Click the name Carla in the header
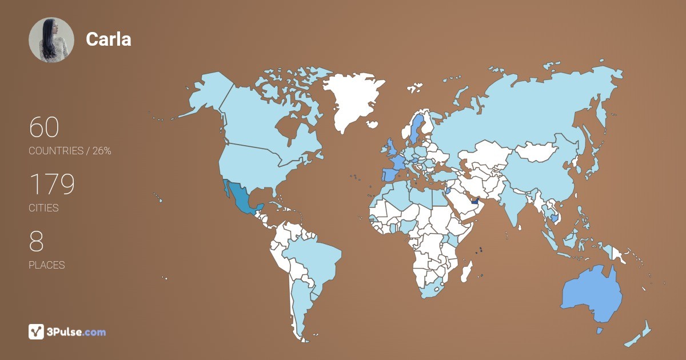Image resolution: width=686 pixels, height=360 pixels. point(109,39)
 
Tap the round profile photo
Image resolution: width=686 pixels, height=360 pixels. point(51,40)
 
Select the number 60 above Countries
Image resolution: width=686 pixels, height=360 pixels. point(44,127)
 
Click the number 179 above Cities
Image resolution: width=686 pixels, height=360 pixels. point(51,185)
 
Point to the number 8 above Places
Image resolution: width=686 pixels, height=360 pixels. point(36,242)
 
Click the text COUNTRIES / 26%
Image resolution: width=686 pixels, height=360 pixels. point(70,151)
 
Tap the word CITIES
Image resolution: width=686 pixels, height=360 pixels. point(44,208)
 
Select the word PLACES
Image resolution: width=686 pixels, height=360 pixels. point(47,265)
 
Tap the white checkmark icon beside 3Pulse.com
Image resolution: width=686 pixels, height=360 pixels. point(36,331)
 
